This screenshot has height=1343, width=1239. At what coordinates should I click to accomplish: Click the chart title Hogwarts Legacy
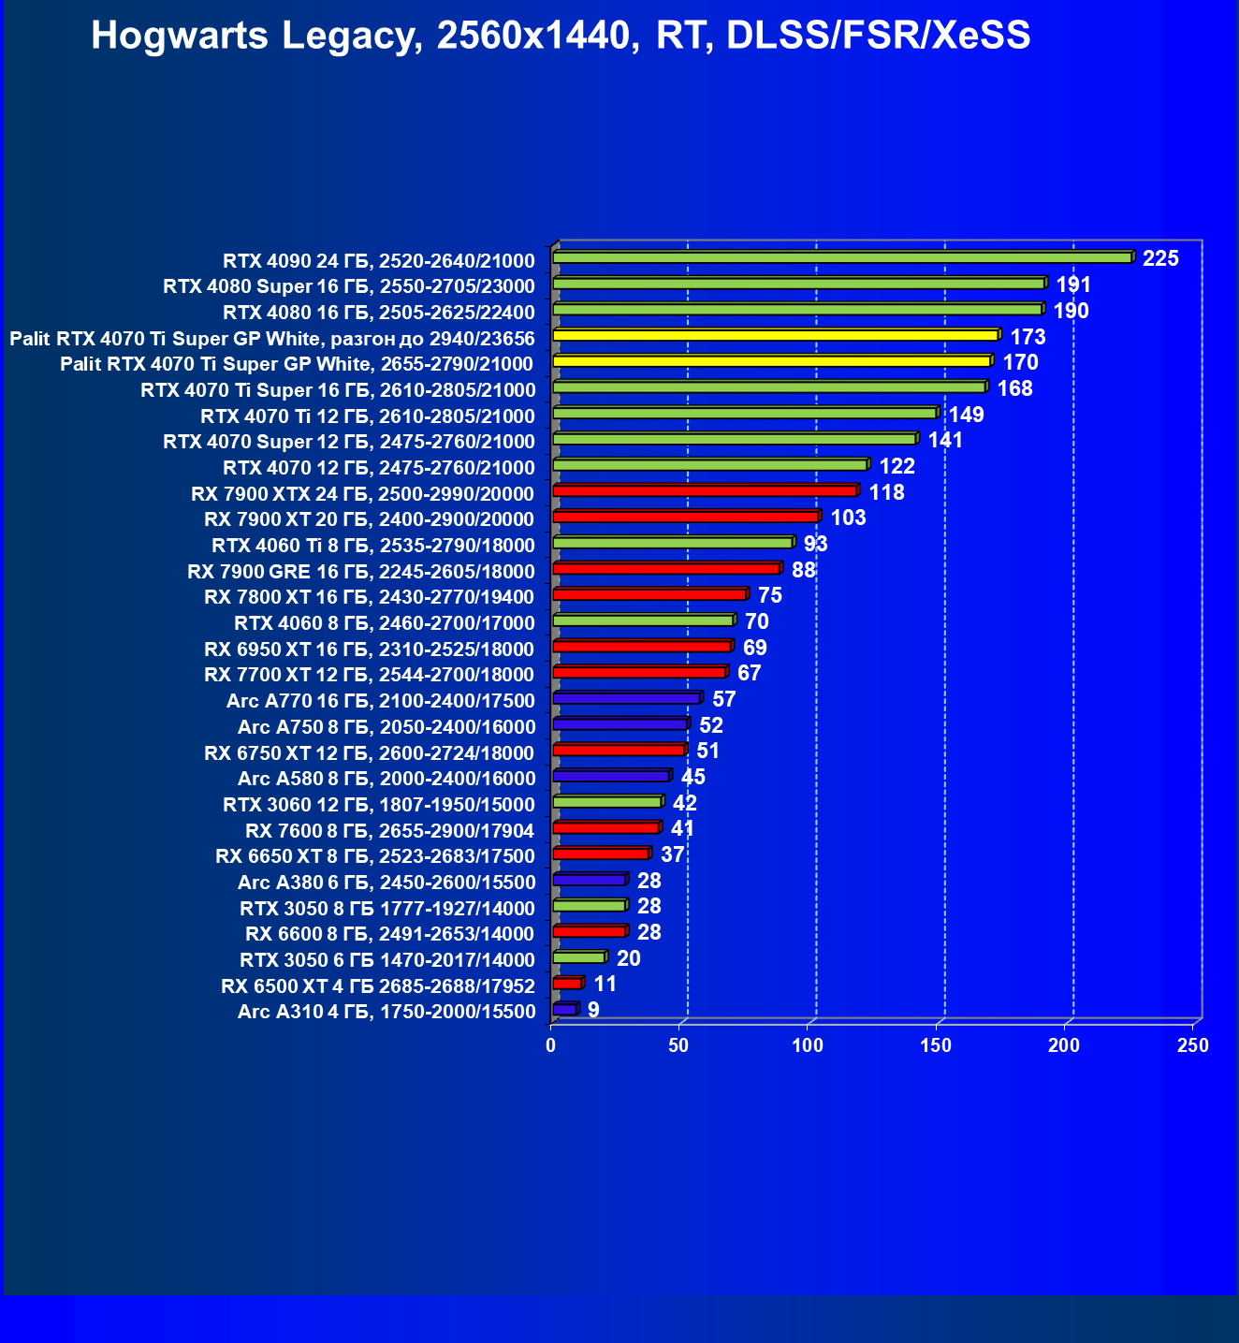(561, 36)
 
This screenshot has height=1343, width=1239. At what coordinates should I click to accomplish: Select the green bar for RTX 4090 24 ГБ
(842, 257)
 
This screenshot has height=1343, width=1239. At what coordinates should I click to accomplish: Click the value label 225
(1160, 259)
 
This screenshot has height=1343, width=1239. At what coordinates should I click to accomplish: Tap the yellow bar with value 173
(776, 335)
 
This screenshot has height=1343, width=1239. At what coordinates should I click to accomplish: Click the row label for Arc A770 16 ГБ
(380, 701)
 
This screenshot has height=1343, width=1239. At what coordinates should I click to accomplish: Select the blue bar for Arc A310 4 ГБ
(564, 1009)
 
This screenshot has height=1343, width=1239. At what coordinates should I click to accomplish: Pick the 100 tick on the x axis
(808, 1045)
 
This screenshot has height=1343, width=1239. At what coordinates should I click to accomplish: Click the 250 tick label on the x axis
(1193, 1045)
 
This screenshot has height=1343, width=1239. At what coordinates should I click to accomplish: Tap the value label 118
(886, 492)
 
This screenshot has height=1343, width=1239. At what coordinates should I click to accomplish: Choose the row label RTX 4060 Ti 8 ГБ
(372, 546)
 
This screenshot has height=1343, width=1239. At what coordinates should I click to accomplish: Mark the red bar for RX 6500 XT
(567, 983)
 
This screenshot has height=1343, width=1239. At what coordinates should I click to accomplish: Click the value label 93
(815, 544)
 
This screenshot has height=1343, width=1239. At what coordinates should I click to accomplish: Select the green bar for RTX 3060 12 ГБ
(606, 802)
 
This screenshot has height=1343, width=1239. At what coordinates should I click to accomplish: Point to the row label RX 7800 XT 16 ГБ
(369, 597)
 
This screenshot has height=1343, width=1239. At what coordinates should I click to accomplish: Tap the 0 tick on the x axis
(551, 1045)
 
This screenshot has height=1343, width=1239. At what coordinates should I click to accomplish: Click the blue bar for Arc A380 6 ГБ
(589, 880)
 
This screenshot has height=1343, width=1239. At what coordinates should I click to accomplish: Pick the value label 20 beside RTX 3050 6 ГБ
(628, 958)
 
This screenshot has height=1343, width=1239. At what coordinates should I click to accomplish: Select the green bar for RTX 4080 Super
(798, 284)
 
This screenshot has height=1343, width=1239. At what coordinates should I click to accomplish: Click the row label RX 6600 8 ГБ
(389, 933)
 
